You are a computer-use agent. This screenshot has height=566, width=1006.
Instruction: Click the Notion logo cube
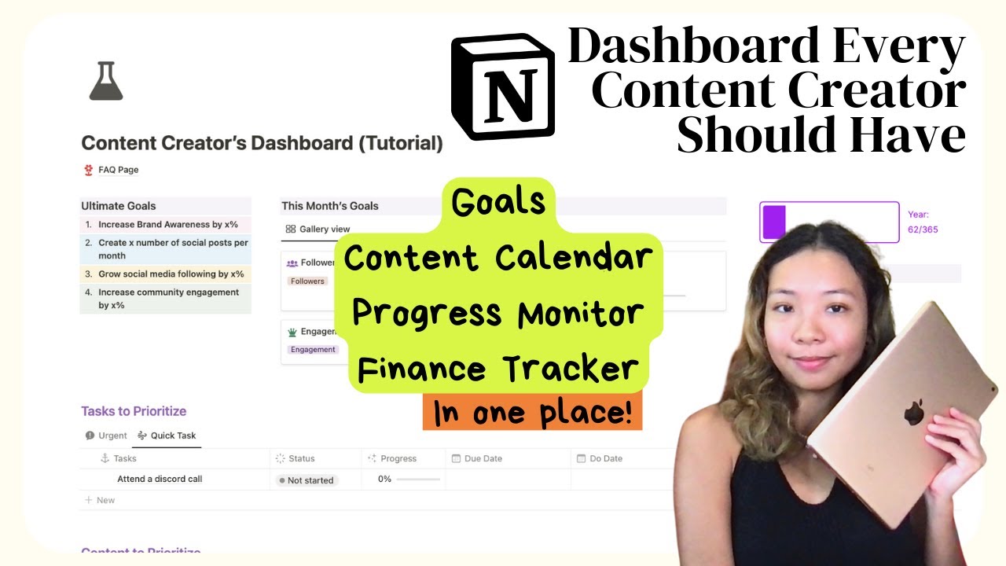tap(503, 86)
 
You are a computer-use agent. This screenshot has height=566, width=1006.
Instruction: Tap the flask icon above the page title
tap(106, 81)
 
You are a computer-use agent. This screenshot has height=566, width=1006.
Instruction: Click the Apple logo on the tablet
tap(913, 412)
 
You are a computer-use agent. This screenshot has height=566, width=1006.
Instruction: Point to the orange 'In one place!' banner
tap(532, 413)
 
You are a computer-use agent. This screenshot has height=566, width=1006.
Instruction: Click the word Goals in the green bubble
tap(498, 203)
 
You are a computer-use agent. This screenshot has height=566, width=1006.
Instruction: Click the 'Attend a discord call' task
tap(160, 479)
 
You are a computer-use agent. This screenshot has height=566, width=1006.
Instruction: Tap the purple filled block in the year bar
tap(774, 222)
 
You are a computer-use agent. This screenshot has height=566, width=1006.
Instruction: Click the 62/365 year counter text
tap(923, 230)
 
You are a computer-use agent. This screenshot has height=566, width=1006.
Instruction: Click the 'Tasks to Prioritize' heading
tap(134, 411)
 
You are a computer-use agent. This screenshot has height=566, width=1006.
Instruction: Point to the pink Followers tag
tap(307, 281)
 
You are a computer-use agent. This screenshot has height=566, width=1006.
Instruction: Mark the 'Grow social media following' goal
tap(171, 274)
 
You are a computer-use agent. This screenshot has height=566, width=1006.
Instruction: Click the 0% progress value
tap(384, 479)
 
